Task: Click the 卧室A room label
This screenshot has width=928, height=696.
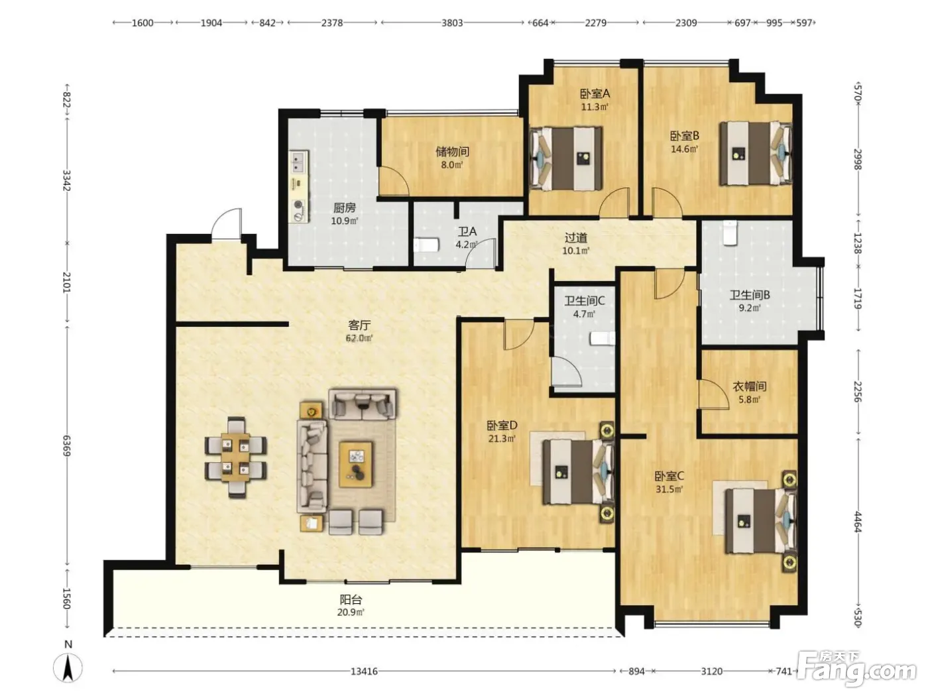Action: pos(595,93)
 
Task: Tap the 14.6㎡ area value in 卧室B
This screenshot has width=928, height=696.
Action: pos(684,149)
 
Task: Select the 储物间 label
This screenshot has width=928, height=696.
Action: pos(452,151)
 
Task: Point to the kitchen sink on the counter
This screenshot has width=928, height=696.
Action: pos(298,162)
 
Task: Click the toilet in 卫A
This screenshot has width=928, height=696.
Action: pos(426,245)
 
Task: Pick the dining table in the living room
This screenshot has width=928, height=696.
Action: pos(235,457)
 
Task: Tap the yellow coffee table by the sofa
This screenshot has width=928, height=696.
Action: pos(356,464)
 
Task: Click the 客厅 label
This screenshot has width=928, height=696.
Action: pos(359,325)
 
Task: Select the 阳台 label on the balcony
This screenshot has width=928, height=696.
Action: pos(351,599)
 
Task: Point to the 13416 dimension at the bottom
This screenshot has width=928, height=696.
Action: pos(364,671)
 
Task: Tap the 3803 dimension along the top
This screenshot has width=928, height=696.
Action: pos(452,23)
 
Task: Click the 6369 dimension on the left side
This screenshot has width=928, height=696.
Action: pos(66,445)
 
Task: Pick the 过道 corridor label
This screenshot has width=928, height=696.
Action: pos(576,238)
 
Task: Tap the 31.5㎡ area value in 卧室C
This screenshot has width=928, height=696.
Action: pos(669,489)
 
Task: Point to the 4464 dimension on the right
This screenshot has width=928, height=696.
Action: pos(857,522)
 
